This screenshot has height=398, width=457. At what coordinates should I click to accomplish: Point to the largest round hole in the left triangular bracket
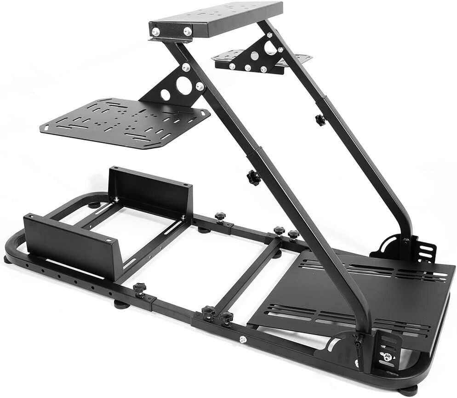(x=184, y=85)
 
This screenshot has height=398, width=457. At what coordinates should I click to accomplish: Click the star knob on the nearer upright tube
(x=253, y=177)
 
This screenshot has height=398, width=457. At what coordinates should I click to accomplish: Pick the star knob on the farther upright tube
(x=320, y=120)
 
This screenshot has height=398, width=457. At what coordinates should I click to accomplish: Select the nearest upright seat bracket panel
(x=69, y=246)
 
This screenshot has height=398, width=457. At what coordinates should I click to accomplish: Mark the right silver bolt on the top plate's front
(x=187, y=31)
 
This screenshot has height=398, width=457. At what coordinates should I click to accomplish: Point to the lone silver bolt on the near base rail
(x=242, y=339)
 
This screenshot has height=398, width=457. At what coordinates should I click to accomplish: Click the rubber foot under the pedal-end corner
(x=406, y=391)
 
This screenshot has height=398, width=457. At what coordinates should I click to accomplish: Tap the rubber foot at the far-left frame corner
(x=8, y=260)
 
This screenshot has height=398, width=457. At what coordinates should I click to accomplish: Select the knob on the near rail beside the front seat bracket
(x=139, y=289)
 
